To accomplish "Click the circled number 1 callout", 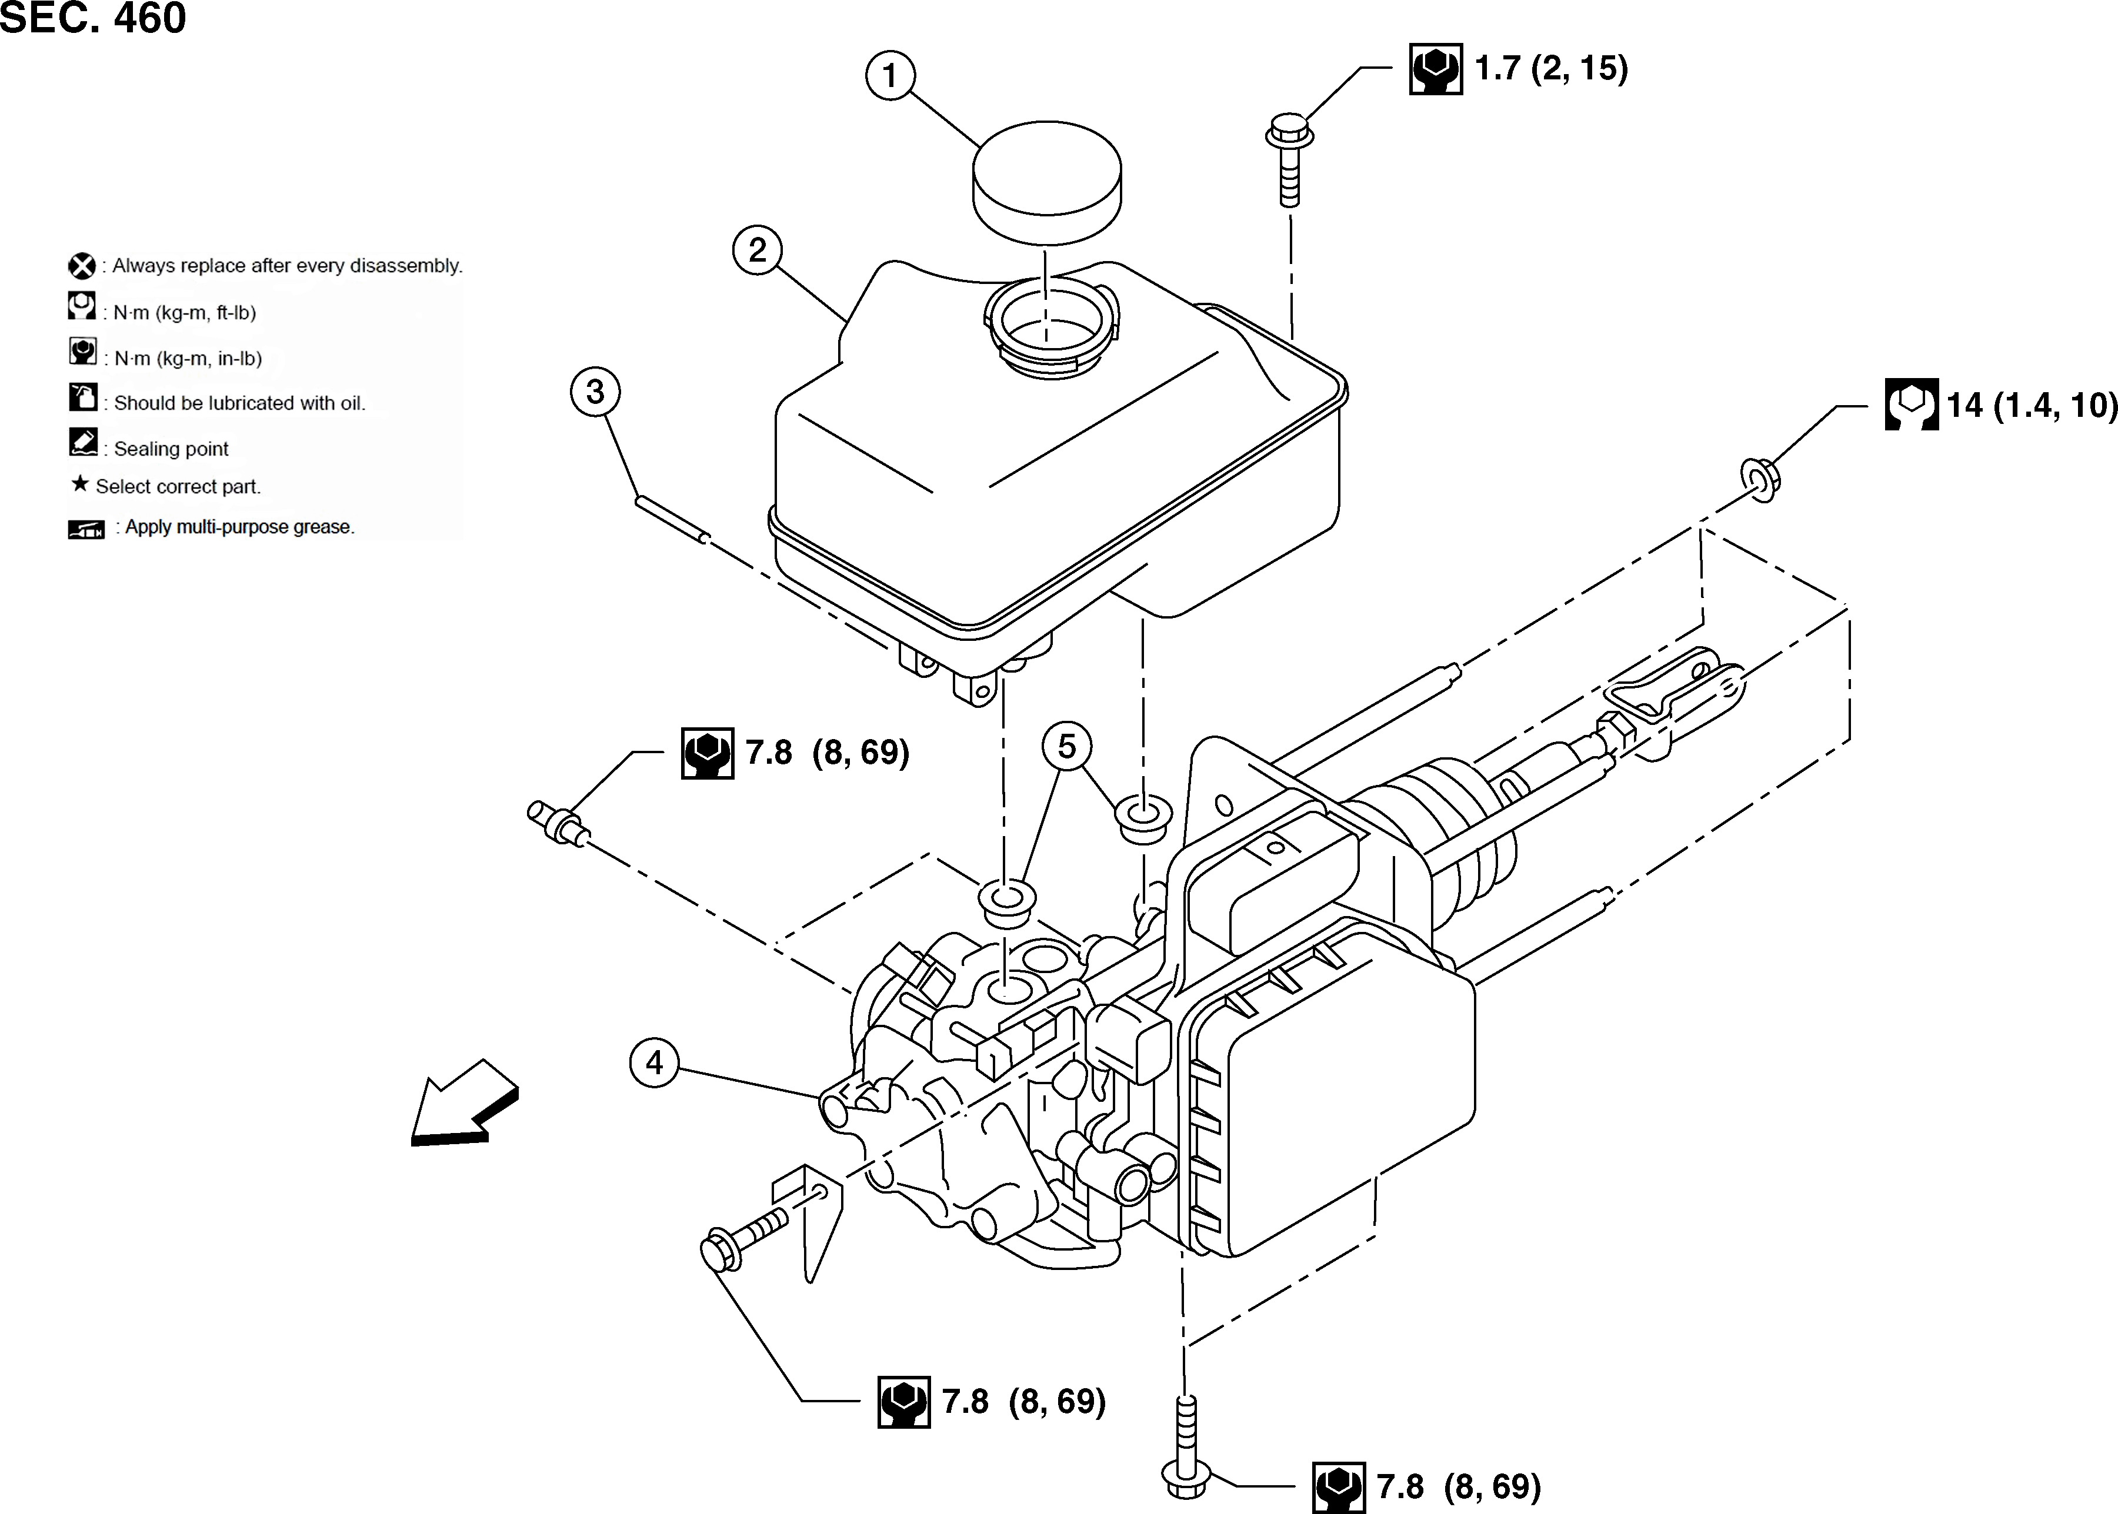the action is pos(890,75).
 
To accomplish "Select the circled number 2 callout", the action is pos(758,250).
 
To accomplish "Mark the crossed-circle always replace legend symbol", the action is pos(82,266).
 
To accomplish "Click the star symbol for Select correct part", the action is pos(80,484).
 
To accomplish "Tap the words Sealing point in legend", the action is pos(171,449).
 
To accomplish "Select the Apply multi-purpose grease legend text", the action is pos(240,527).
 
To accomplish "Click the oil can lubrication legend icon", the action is pos(83,397).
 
